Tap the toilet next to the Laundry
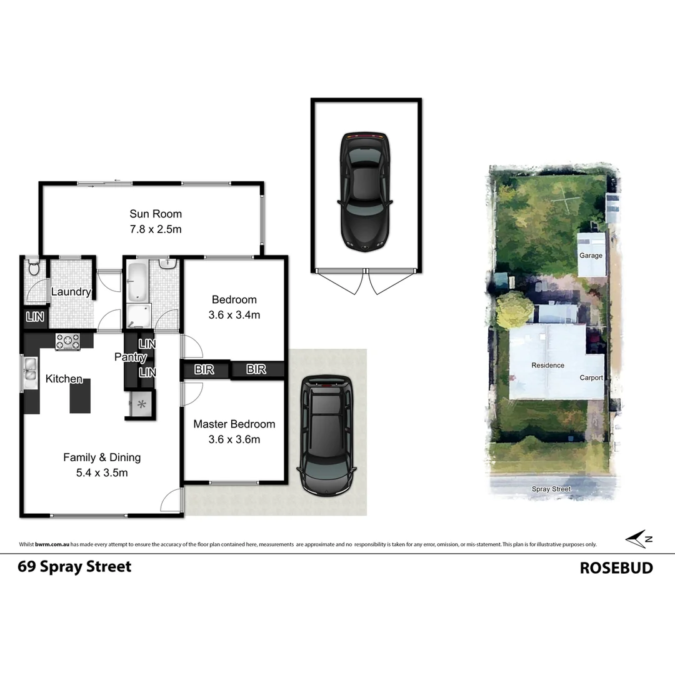(34, 269)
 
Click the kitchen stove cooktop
(67, 341)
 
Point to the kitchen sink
(30, 374)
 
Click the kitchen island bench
(80, 396)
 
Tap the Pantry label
(130, 357)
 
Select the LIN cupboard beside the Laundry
(35, 317)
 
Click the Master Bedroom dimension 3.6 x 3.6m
(234, 439)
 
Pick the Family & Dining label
(102, 457)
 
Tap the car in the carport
(326, 435)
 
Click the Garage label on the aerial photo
(591, 256)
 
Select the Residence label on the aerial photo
(547, 366)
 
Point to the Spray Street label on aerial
(551, 489)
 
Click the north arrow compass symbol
(639, 539)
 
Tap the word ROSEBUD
(616, 567)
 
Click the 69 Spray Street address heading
(75, 567)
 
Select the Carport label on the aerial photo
(591, 377)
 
